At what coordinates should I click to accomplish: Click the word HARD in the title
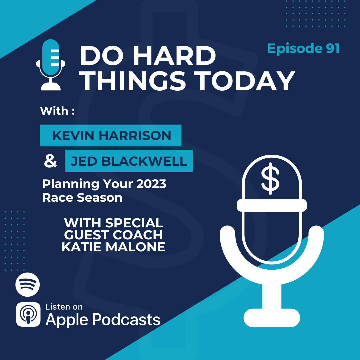pyautogui.click(x=174, y=56)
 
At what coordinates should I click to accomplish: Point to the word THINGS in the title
pyautogui.click(x=134, y=81)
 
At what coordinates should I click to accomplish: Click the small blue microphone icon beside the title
pyautogui.click(x=51, y=65)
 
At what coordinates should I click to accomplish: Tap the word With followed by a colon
pyautogui.click(x=57, y=111)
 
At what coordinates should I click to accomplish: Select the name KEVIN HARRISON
pyautogui.click(x=112, y=135)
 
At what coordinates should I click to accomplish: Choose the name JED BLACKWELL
pyautogui.click(x=129, y=161)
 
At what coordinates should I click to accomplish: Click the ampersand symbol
pyautogui.click(x=50, y=161)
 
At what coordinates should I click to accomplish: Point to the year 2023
pyautogui.click(x=151, y=184)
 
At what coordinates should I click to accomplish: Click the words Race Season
pyautogui.click(x=82, y=198)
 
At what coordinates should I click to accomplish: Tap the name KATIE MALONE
pyautogui.click(x=113, y=247)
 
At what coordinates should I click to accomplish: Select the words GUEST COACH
pyautogui.click(x=113, y=235)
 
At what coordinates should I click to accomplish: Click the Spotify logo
pyautogui.click(x=28, y=284)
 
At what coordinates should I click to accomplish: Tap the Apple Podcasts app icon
pyautogui.click(x=28, y=315)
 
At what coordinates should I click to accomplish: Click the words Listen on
pyautogui.click(x=64, y=307)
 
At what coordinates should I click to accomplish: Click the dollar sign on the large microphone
pyautogui.click(x=270, y=178)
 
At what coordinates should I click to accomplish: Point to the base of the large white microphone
pyautogui.click(x=272, y=318)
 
